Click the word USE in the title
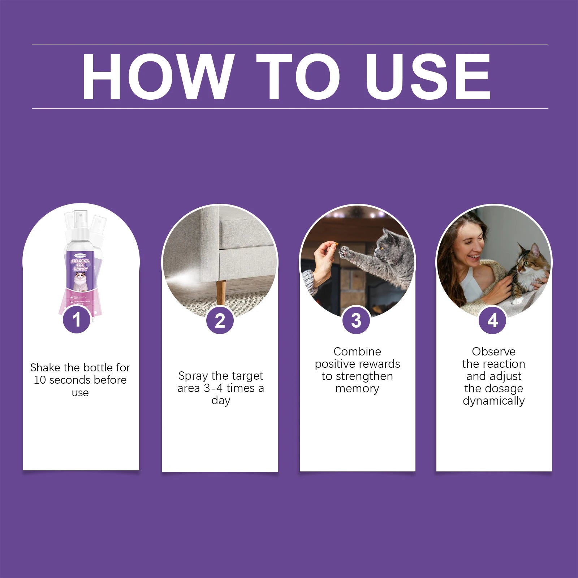click(428, 77)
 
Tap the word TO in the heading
click(298, 77)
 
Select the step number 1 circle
click(77, 320)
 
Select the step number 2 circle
click(220, 320)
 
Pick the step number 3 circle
click(356, 320)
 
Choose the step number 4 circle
click(492, 320)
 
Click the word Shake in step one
click(45, 368)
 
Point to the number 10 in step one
click(40, 380)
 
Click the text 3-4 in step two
click(213, 388)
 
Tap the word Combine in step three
click(357, 351)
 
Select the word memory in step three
click(357, 389)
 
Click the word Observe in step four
click(493, 351)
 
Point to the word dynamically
click(493, 401)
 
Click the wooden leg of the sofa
click(221, 292)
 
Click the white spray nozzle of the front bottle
click(80, 217)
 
